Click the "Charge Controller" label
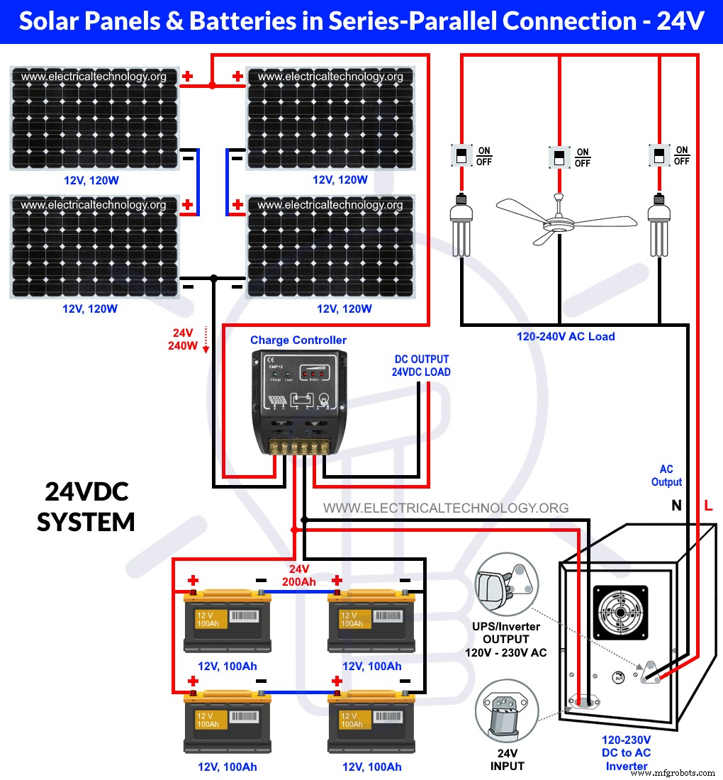tap(298, 340)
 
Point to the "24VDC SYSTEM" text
tap(86, 507)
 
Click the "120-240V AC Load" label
tap(566, 336)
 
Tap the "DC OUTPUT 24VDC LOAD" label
tap(421, 365)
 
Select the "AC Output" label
tap(666, 476)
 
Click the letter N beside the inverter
tap(676, 506)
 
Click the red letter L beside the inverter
tap(708, 506)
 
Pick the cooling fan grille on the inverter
tap(620, 613)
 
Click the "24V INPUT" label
tap(507, 759)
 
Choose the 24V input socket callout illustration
tap(507, 713)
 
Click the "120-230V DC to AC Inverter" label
tap(627, 752)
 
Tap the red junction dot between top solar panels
tap(212, 85)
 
